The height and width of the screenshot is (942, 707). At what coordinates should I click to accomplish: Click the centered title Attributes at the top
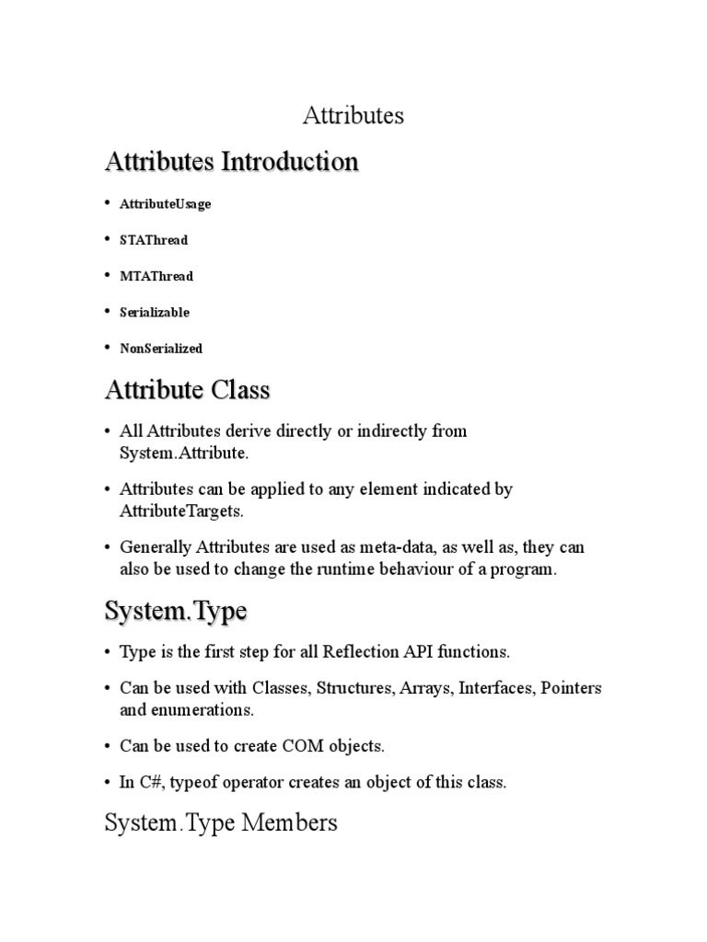[353, 116]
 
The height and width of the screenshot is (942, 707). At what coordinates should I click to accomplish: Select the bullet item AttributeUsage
[165, 204]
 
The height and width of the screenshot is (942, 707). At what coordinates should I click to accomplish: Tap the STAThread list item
[154, 240]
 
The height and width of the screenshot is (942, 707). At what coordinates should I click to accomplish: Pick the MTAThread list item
[156, 276]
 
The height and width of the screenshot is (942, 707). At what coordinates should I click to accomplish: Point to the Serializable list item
[155, 313]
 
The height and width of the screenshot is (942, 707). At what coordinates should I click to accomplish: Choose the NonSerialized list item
[161, 349]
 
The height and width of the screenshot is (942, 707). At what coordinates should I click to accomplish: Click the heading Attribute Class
[188, 390]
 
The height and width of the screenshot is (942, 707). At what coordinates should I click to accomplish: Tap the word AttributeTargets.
[184, 511]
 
